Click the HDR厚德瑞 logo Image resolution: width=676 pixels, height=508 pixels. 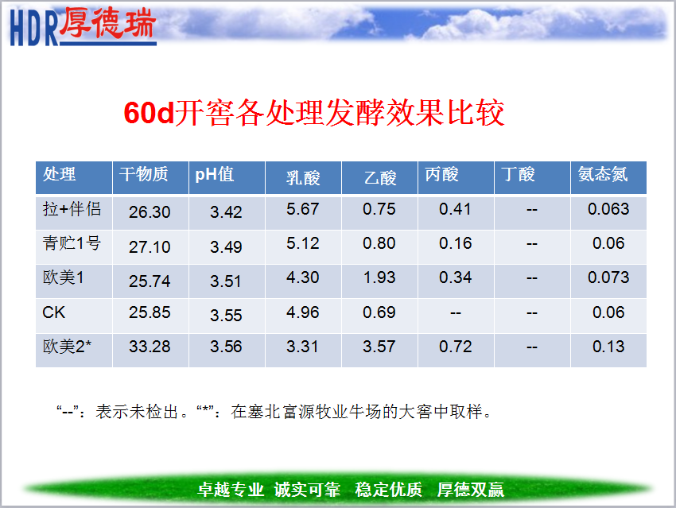(x=83, y=27)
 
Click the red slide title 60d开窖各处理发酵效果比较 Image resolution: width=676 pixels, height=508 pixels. (x=314, y=113)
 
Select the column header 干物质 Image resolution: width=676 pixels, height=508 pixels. (x=144, y=174)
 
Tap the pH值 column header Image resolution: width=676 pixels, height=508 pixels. (x=215, y=174)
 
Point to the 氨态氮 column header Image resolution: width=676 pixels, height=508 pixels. (x=603, y=174)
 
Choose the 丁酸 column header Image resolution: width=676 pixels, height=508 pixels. (x=518, y=174)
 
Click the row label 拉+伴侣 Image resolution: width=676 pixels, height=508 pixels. (x=72, y=209)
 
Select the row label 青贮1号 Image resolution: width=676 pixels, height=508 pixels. (x=72, y=243)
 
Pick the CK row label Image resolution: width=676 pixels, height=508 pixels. (x=53, y=312)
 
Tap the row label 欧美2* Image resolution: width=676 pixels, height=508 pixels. (x=67, y=347)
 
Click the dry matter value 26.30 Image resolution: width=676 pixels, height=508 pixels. (x=150, y=212)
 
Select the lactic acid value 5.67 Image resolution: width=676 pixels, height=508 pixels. (x=303, y=209)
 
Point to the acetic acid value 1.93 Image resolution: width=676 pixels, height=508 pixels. (x=379, y=277)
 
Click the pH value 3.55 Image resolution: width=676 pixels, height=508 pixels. (x=226, y=316)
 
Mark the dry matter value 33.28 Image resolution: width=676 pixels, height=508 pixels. (x=150, y=347)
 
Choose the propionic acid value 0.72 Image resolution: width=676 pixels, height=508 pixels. (x=455, y=347)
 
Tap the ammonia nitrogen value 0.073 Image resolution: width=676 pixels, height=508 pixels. (x=608, y=277)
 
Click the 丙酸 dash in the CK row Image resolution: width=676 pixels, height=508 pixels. (x=455, y=313)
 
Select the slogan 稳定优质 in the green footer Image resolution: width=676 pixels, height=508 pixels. (x=388, y=490)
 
